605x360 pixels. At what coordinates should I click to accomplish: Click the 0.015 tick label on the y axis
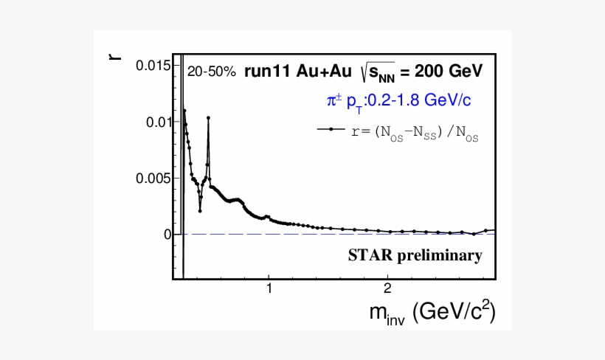click(x=154, y=66)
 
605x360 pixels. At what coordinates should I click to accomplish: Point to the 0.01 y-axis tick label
click(x=158, y=122)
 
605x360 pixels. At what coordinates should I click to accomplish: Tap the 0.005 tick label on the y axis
click(x=154, y=178)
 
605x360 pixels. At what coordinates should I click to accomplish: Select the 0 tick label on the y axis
click(x=167, y=235)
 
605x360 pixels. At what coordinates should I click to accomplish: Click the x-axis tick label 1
click(x=269, y=288)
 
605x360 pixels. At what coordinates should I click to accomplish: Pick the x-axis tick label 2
click(x=387, y=288)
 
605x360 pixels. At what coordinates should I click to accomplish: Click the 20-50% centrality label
click(x=211, y=72)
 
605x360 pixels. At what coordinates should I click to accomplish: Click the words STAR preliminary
click(x=415, y=256)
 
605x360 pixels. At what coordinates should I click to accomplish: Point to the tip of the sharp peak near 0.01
click(x=209, y=117)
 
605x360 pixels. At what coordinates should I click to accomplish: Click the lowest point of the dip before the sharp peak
click(x=200, y=211)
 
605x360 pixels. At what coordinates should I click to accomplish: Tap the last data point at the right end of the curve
click(x=485, y=230)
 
